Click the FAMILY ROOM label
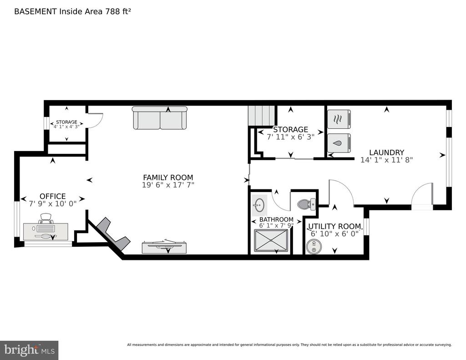point(168,177)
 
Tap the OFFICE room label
point(53,196)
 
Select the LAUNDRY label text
point(387,152)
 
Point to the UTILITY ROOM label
point(334,226)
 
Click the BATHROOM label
point(276,219)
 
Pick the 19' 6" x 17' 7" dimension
point(168,185)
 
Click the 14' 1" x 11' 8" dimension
point(387,160)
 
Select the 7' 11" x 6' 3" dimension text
point(291,137)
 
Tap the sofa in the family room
point(160,118)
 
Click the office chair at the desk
point(46,218)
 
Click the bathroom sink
point(259,205)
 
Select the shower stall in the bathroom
point(271,241)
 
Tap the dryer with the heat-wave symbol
point(339,119)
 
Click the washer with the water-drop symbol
point(339,143)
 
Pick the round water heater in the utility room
point(314,247)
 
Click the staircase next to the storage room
point(261,116)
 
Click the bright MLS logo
point(29,350)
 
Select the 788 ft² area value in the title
point(117,11)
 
